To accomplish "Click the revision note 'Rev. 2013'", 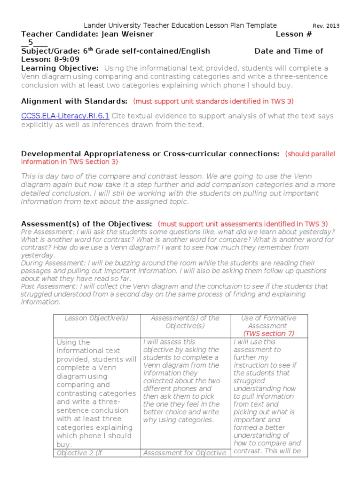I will (326, 26).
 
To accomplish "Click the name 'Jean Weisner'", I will (127, 34).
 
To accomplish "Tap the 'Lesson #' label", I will (293, 34).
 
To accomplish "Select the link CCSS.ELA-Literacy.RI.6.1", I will (65, 116).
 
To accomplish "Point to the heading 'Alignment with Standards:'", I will (74, 101).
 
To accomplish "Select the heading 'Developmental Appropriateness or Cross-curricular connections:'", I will (150, 154).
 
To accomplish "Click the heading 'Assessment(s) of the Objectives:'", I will (86, 224).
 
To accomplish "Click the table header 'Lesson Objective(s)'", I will (96, 318).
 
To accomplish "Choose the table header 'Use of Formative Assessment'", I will (268, 322).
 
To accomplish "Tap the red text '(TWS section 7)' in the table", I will (268, 334).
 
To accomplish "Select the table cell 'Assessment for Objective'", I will (185, 453).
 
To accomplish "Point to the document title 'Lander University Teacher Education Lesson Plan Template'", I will (180, 25).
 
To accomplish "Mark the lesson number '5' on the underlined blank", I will (31, 42).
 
